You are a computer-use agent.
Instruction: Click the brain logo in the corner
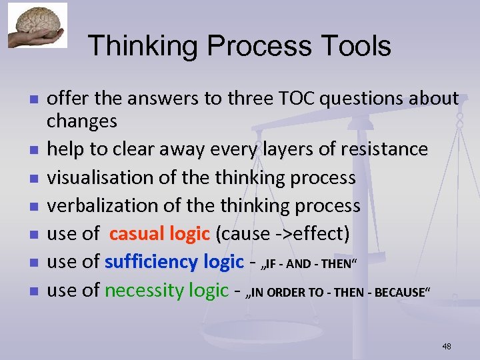[37, 25]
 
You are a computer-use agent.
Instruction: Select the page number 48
[446, 346]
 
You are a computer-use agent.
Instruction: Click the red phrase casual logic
[160, 234]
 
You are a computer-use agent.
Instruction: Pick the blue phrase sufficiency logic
[174, 262]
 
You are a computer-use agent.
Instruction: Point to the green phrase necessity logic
[167, 290]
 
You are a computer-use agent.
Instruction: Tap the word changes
[81, 121]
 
